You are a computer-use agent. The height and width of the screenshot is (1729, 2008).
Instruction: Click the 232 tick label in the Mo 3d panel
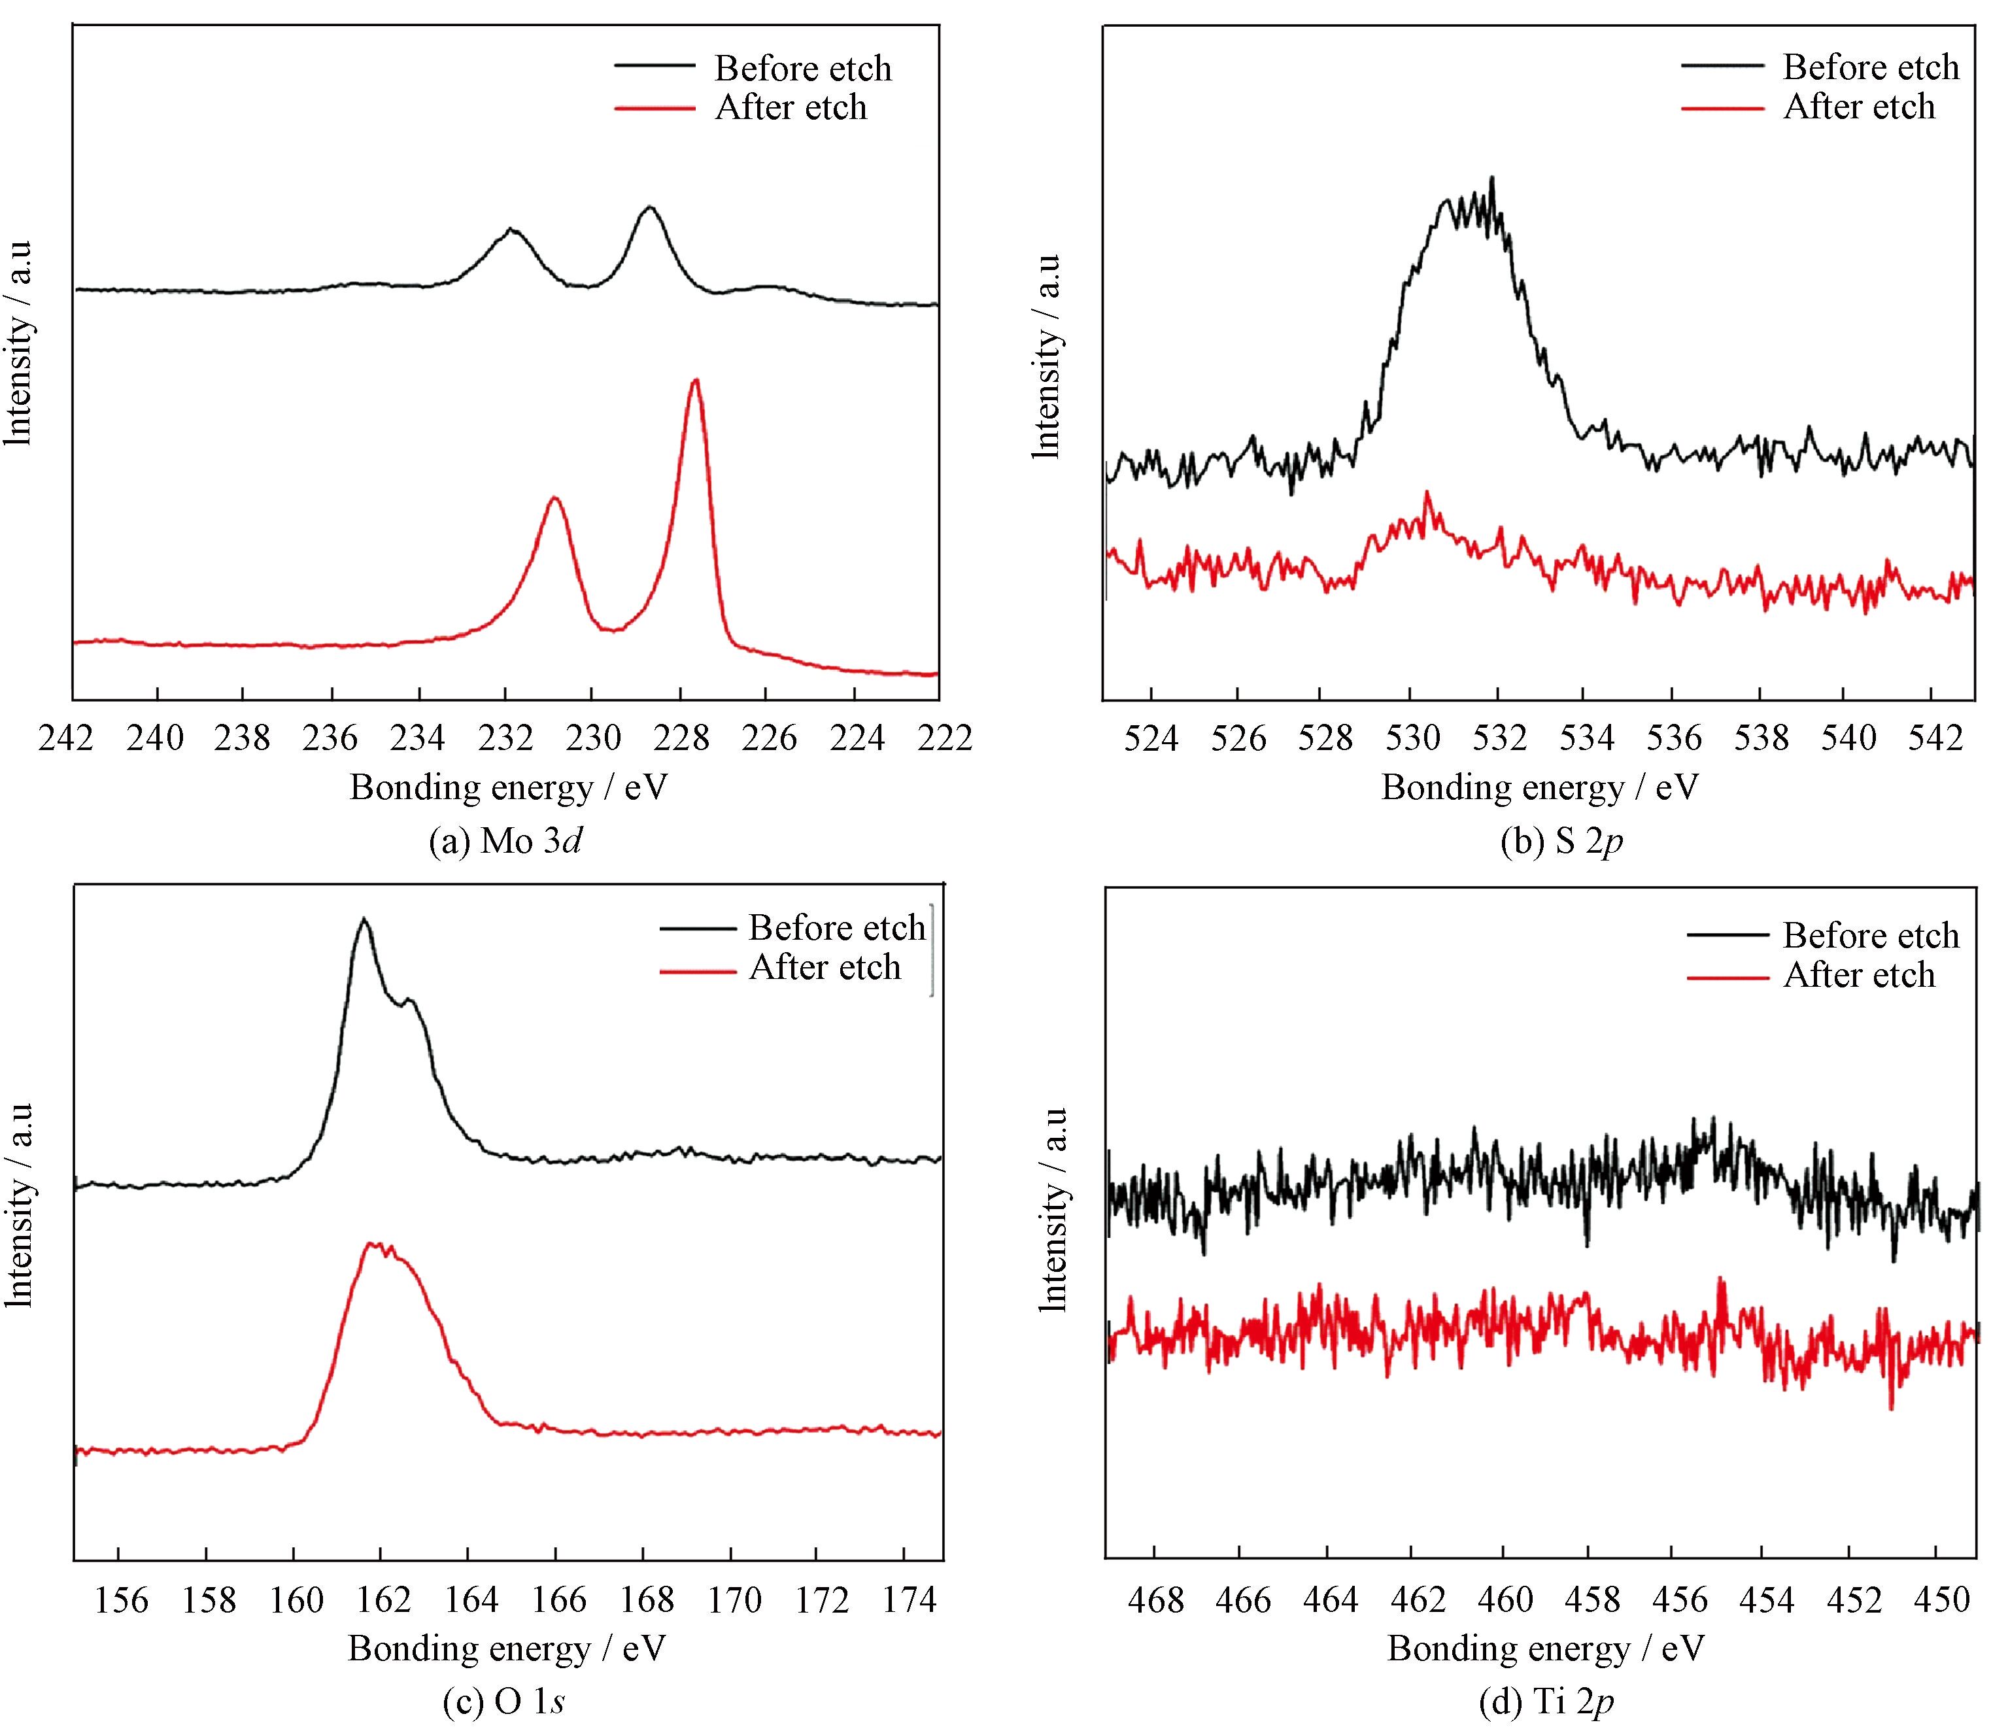(505, 740)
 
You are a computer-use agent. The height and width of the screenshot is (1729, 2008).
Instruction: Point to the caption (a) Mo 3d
(506, 840)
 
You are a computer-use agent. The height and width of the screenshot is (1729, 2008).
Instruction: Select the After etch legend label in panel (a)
(791, 108)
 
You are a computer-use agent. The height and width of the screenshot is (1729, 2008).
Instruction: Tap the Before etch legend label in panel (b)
(1871, 68)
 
